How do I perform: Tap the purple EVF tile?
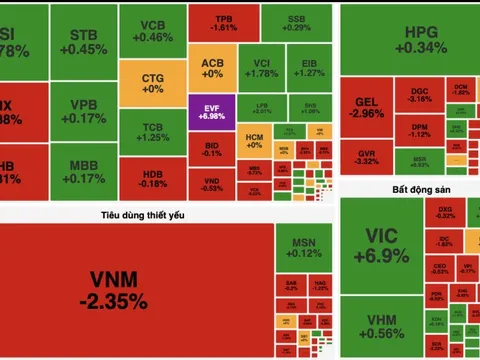tap(211, 111)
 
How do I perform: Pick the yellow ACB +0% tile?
tap(212, 66)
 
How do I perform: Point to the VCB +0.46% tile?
tap(153, 30)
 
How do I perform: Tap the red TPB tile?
tap(226, 21)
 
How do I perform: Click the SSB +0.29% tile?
tap(296, 21)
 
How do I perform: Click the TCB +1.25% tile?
tap(153, 132)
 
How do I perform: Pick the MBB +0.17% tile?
tap(89, 171)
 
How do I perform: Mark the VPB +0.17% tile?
tap(89, 110)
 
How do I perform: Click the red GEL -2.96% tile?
tap(370, 106)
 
